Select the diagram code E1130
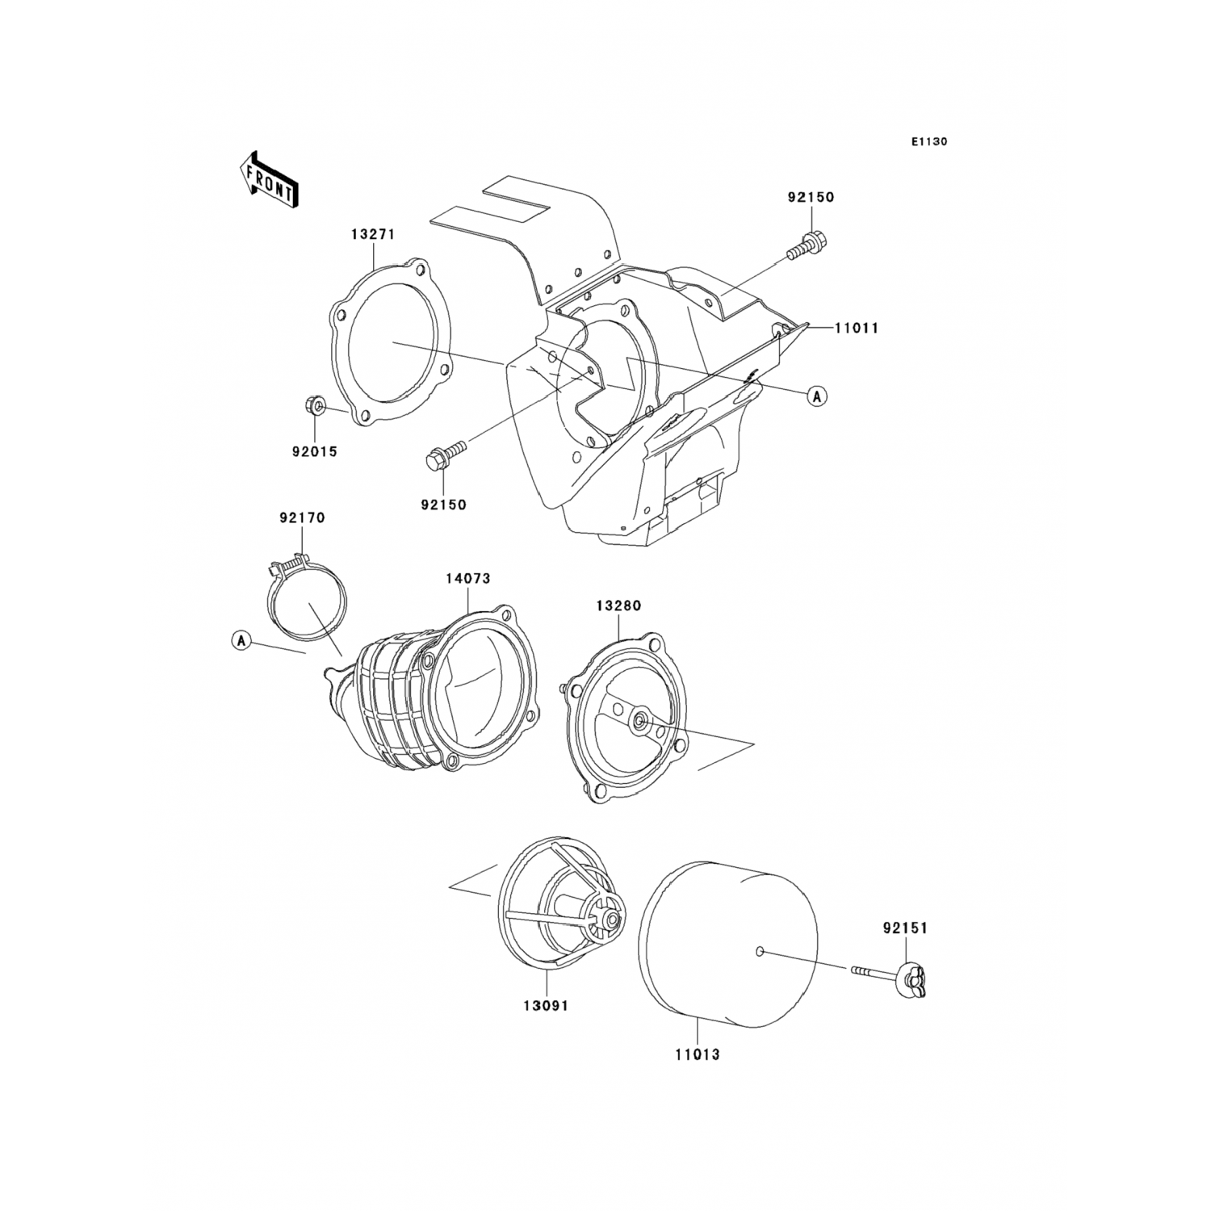point(929,142)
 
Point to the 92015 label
point(314,452)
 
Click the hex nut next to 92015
point(316,405)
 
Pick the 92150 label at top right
point(811,197)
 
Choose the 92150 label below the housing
point(443,505)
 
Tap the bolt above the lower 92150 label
point(445,454)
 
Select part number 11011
point(857,328)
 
